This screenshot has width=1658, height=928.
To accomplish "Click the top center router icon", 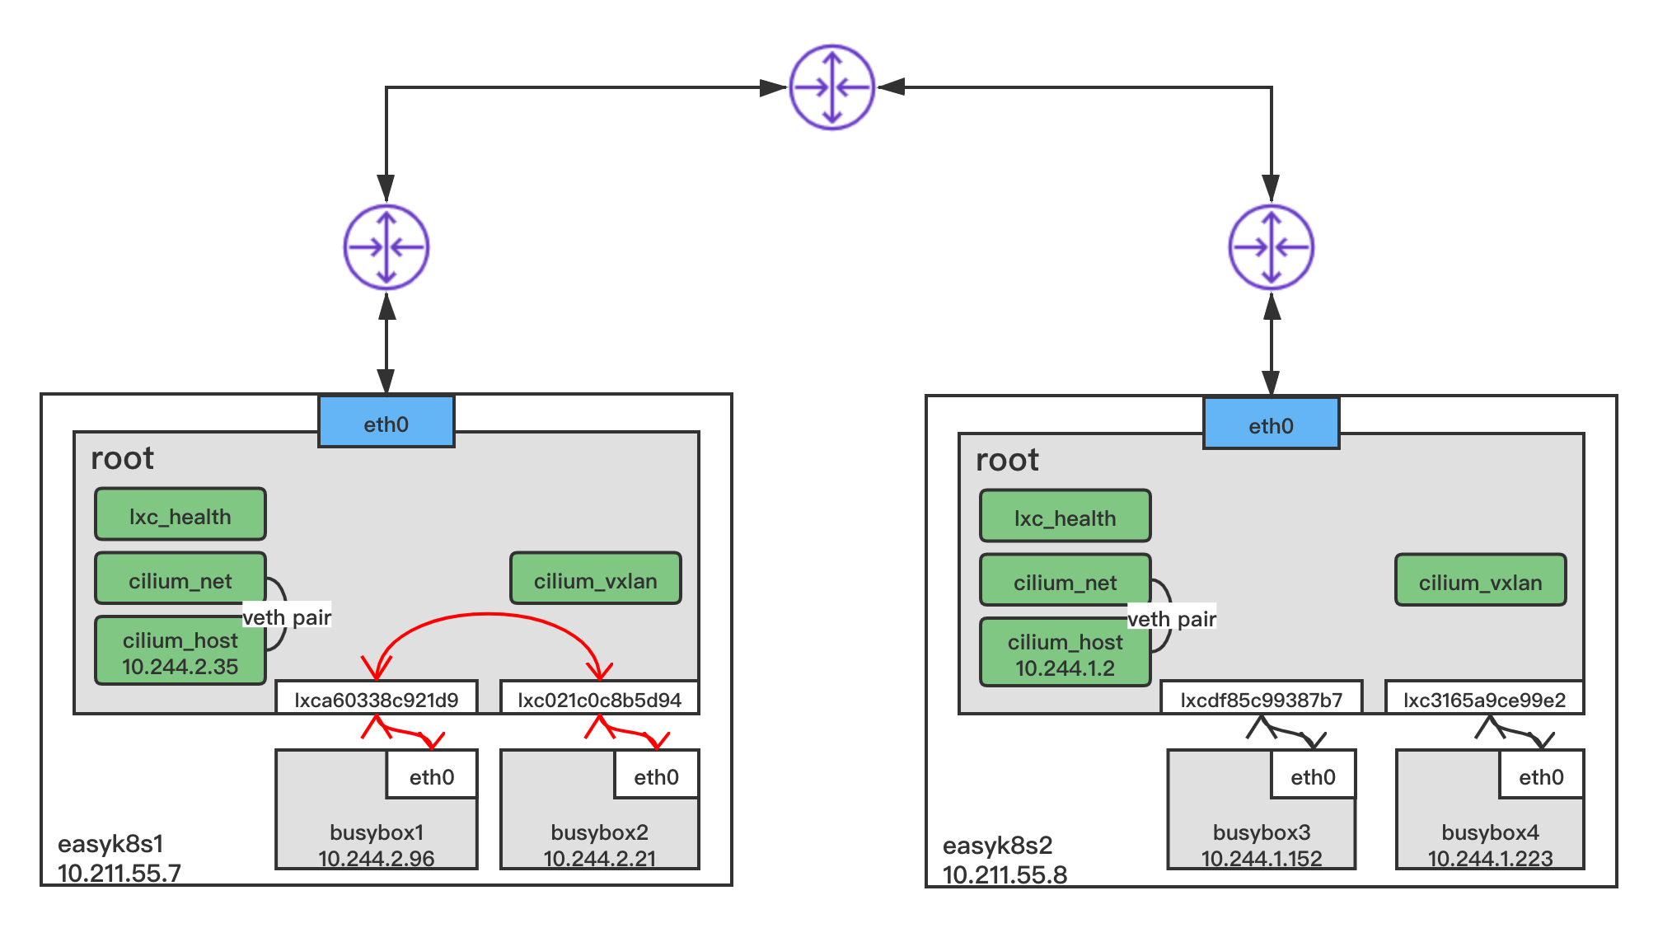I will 832,87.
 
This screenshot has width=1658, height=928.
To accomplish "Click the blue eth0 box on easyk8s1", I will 386,423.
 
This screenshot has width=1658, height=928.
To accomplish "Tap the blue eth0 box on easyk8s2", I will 1271,424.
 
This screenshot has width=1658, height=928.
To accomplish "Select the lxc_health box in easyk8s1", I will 180,515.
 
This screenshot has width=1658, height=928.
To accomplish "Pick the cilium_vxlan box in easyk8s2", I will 1480,581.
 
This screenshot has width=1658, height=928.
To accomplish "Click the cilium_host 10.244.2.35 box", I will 180,652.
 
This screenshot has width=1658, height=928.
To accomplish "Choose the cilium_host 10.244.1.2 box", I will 1065,654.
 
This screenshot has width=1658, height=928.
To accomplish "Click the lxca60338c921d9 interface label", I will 377,699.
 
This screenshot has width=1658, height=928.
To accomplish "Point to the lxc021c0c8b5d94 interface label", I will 599,699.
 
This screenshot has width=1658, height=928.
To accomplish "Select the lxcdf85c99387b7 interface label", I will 1261,699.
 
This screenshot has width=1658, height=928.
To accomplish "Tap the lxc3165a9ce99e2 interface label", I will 1484,699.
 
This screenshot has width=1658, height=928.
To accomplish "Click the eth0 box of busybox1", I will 432,776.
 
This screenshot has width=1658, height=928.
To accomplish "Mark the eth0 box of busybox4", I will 1541,776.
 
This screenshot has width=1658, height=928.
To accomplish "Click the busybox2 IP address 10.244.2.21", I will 599,858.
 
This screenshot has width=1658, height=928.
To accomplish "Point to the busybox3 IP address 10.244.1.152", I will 1261,858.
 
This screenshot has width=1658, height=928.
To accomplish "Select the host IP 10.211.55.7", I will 119,873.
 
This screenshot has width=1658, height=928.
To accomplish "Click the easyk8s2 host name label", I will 997,845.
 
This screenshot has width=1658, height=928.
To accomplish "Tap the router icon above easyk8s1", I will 386,247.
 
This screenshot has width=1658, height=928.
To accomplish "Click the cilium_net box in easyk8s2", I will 1065,581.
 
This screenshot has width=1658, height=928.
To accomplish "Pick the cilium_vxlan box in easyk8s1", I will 595,579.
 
